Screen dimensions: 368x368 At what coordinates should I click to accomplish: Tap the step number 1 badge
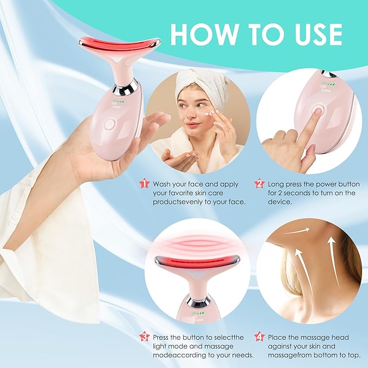pyautogui.click(x=144, y=184)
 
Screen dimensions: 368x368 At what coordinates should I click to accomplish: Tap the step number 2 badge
pyautogui.click(x=259, y=184)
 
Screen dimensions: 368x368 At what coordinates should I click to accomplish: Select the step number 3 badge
pyautogui.click(x=144, y=337)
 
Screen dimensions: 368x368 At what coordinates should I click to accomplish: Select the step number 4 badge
pyautogui.click(x=259, y=337)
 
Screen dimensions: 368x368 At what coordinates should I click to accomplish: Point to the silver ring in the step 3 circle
pyautogui.click(x=198, y=300)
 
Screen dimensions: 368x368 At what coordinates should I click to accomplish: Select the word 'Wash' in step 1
pyautogui.click(x=163, y=184)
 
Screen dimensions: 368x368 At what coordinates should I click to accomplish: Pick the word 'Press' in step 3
pyautogui.click(x=163, y=337)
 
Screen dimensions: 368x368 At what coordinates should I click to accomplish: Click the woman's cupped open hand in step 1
pyautogui.click(x=179, y=157)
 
